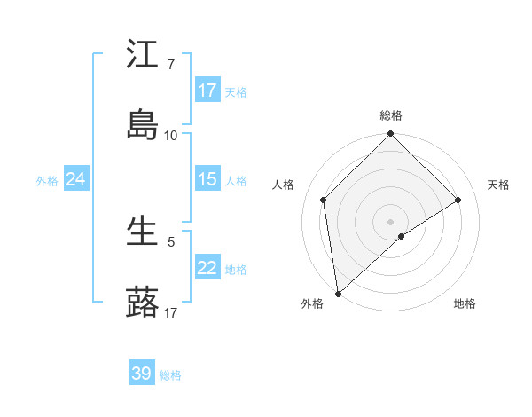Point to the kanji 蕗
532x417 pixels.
[x=142, y=302]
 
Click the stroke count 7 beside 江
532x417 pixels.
[x=171, y=65]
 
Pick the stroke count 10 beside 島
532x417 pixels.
[x=171, y=135]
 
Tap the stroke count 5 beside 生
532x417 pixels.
[x=171, y=241]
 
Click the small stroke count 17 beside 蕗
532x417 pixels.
[x=171, y=311]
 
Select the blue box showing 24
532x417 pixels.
[x=75, y=179]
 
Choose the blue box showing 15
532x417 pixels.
[x=207, y=179]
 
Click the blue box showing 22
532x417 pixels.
[x=207, y=268]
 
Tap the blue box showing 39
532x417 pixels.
[x=142, y=374]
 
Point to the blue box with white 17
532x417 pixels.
[x=207, y=90]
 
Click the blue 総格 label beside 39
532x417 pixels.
[x=170, y=375]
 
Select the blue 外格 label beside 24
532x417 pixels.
[x=47, y=181]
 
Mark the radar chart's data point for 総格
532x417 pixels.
[x=391, y=135]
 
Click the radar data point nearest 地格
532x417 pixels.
[x=402, y=236]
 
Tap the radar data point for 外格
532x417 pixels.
[x=338, y=293]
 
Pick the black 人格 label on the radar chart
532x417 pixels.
[x=285, y=185]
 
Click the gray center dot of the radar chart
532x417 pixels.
[x=391, y=221]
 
